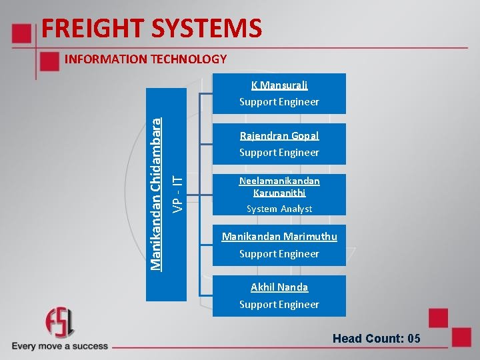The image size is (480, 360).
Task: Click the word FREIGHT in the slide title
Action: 92,29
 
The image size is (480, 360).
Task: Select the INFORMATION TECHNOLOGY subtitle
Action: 145,59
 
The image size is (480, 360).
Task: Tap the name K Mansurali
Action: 279,85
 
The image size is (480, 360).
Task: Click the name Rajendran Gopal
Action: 279,136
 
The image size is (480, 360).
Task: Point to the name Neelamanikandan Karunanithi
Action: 279,187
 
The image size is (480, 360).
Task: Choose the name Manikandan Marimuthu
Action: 279,237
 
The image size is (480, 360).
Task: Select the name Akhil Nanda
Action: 279,287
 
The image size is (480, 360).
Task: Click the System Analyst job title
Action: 279,209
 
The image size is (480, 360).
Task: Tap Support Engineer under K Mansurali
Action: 279,102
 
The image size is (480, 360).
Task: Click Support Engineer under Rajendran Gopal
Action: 279,153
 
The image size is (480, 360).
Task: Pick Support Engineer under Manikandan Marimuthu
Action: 279,254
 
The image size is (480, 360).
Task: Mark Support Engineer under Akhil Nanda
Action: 279,305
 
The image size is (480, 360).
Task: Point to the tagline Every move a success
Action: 59,346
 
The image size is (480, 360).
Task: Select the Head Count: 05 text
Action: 377,339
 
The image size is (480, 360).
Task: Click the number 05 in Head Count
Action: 413,339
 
